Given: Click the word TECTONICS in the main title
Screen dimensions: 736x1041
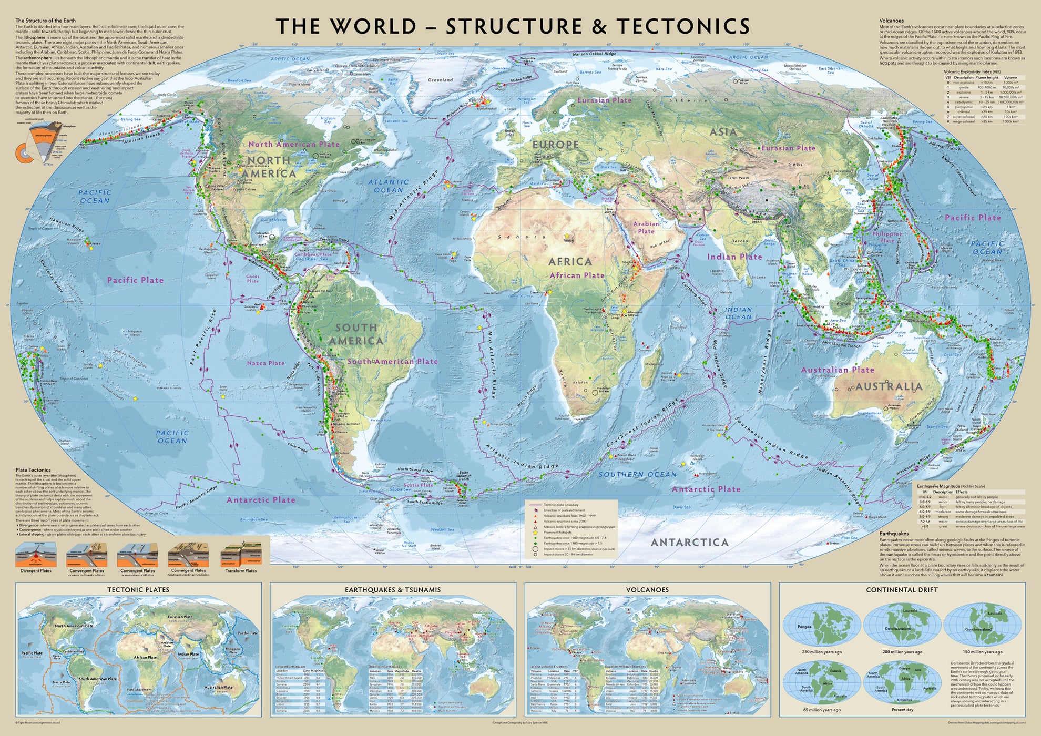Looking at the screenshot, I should [x=683, y=26].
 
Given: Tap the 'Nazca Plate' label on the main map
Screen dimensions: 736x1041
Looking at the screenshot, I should [x=266, y=363].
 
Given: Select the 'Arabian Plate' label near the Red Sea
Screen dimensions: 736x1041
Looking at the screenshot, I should [x=646, y=228].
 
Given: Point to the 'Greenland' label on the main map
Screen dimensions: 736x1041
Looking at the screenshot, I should [x=440, y=80].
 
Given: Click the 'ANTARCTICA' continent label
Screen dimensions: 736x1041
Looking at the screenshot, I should [x=690, y=542].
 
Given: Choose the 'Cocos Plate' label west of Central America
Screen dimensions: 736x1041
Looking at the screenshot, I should [x=253, y=279].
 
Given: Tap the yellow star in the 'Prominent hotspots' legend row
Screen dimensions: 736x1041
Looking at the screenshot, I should [x=535, y=533].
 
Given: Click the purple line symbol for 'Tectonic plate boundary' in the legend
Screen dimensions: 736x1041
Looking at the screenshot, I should [x=535, y=505].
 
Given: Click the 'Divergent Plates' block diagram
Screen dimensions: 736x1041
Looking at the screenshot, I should [x=36, y=555].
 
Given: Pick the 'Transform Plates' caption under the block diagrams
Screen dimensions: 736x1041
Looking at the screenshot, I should [x=241, y=571].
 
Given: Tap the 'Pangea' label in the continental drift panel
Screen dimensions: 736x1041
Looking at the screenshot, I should [x=804, y=627].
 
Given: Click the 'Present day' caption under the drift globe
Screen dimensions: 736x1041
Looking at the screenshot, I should [x=902, y=710].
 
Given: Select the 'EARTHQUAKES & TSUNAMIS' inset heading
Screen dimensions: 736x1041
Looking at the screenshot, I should [x=392, y=590].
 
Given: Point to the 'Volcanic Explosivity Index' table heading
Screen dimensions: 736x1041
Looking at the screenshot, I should [x=972, y=71].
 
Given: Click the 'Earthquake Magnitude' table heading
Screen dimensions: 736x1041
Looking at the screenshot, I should [x=938, y=487].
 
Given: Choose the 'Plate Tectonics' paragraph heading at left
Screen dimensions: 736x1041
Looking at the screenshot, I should [x=33, y=470].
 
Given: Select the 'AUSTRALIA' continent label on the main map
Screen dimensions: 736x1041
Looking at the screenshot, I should [x=889, y=386].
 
